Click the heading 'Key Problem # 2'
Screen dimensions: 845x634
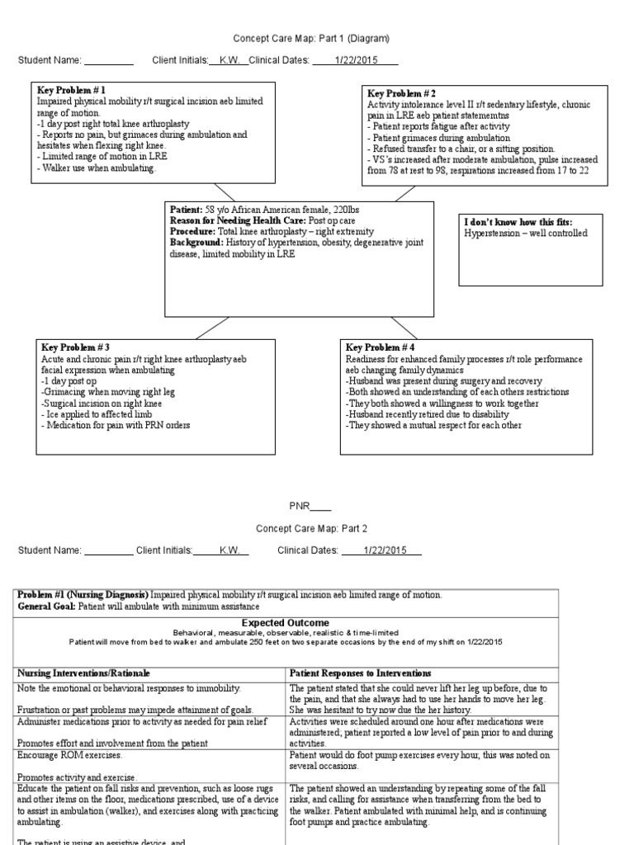[x=402, y=93]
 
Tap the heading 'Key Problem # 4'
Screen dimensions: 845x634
[x=381, y=347]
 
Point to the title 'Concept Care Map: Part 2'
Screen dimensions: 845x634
[x=310, y=528]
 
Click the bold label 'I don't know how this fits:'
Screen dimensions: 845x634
[x=518, y=222]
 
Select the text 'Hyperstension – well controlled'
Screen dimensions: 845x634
[x=526, y=234]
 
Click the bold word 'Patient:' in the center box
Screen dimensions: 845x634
[x=187, y=210]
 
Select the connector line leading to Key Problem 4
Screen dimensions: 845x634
[x=405, y=328]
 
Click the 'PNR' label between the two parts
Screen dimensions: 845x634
[x=299, y=506]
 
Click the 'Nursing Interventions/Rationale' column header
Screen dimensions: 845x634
[x=84, y=673]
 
